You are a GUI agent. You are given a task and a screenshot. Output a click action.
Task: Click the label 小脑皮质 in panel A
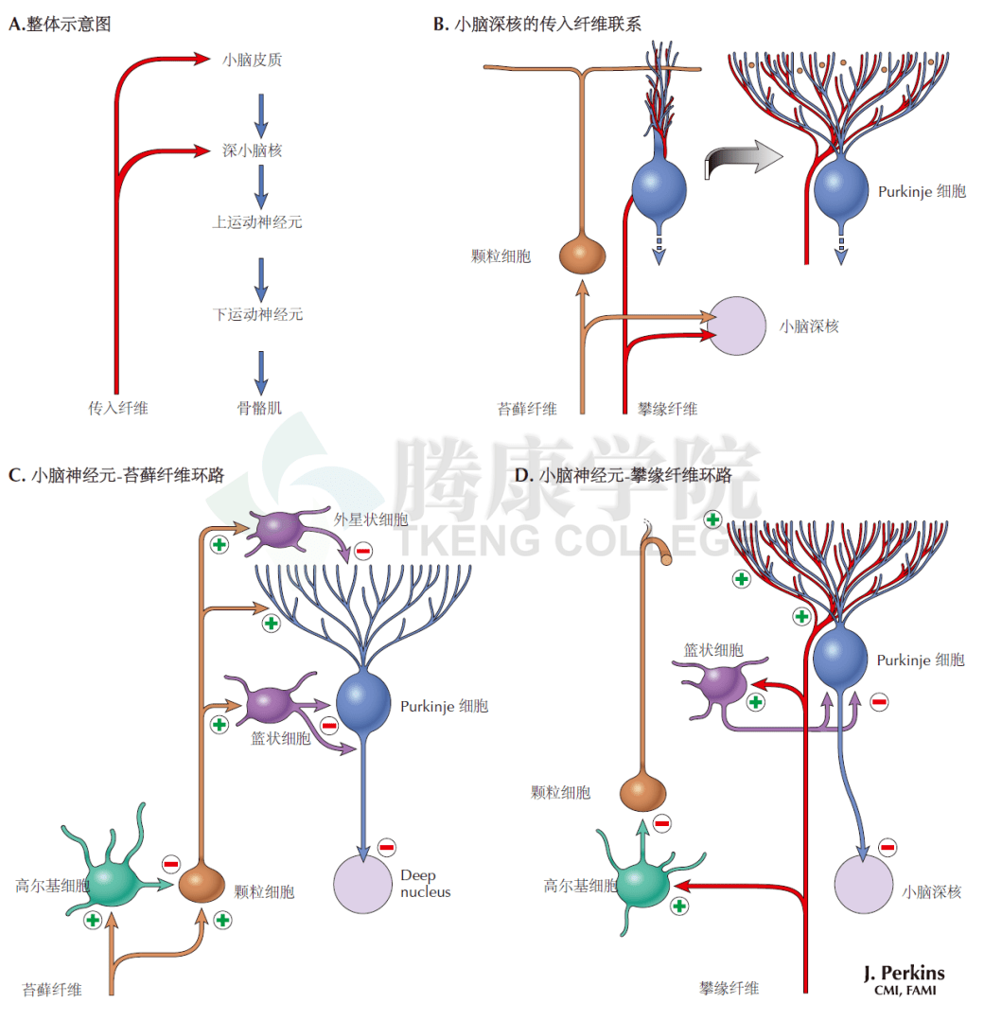(x=252, y=60)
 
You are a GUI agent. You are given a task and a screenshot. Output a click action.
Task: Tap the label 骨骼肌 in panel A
(x=259, y=409)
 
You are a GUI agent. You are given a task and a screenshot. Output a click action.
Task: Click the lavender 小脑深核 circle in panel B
(x=737, y=326)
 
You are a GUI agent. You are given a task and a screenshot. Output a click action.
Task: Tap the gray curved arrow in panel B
(x=743, y=161)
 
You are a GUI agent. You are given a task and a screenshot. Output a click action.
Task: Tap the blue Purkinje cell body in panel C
(x=364, y=701)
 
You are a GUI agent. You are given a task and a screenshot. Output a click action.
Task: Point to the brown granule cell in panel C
(x=202, y=883)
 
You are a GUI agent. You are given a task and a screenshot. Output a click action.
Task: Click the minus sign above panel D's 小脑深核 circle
(x=887, y=847)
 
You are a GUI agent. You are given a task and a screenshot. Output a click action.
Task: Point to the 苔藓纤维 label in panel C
(x=52, y=990)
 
